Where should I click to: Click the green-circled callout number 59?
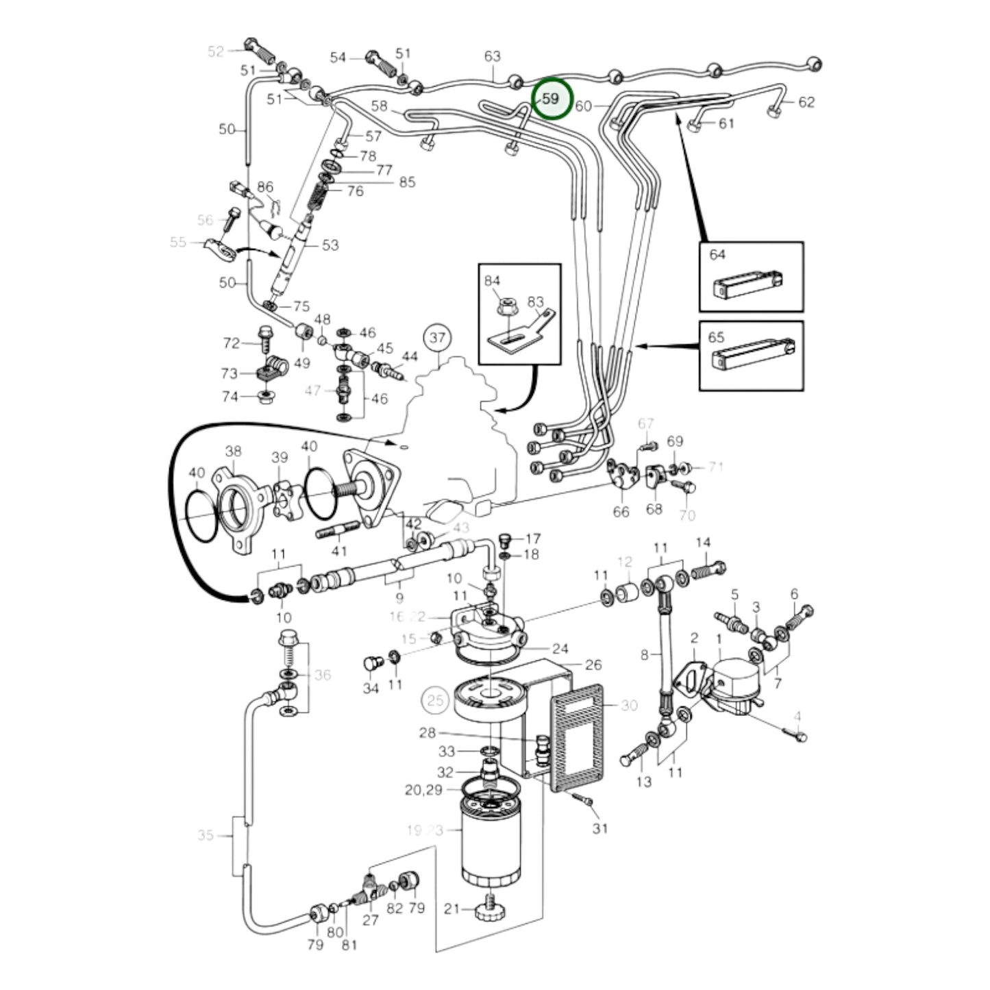point(551,99)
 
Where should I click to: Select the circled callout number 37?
point(438,338)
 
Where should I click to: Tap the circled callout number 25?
point(436,700)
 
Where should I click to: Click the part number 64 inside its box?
point(717,255)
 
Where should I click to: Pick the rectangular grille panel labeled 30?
point(578,737)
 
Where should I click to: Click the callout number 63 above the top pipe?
point(493,56)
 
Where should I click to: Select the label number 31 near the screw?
point(600,828)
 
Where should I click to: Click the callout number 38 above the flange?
point(233,451)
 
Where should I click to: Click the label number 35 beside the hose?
point(206,835)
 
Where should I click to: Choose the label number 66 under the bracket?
point(621,512)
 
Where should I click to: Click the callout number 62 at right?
point(806,102)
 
